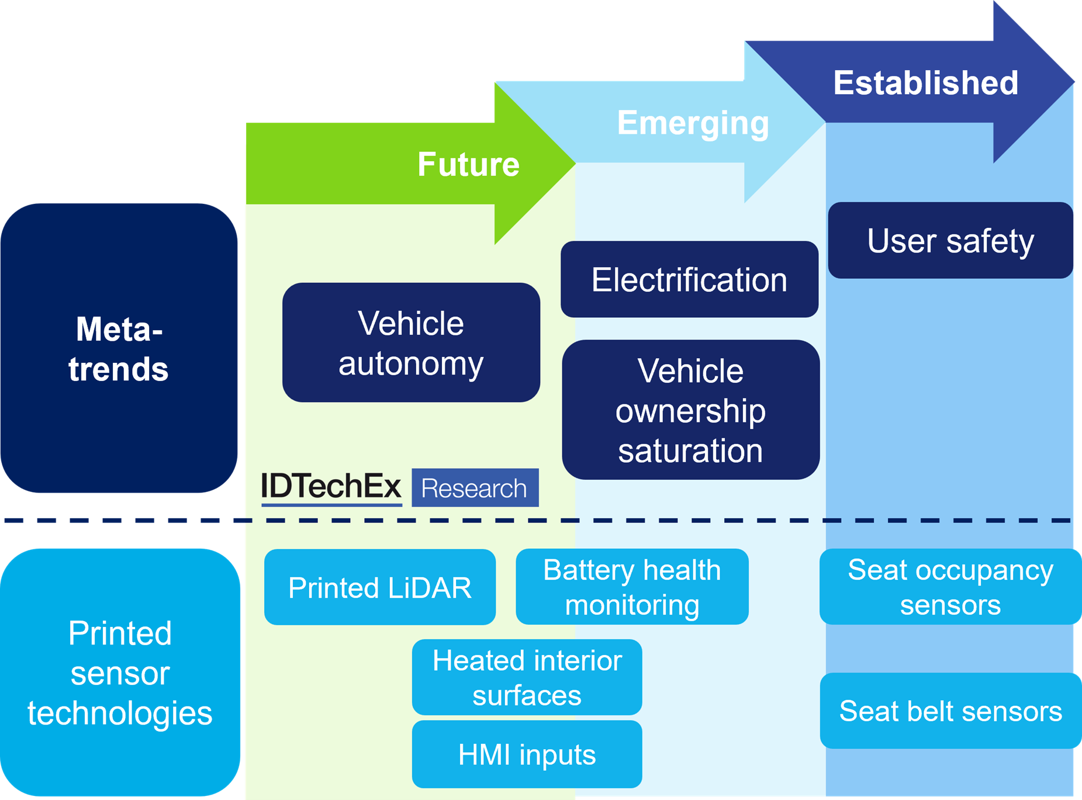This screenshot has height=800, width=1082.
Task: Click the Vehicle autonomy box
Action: pyautogui.click(x=411, y=343)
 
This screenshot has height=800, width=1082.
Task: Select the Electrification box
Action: pyautogui.click(x=689, y=280)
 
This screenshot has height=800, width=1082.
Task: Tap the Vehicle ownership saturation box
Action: pyautogui.click(x=690, y=410)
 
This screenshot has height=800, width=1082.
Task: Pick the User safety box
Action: pyautogui.click(x=950, y=241)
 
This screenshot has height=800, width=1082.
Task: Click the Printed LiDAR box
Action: pyautogui.click(x=380, y=587)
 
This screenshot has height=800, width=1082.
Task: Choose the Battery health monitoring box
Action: pyautogui.click(x=632, y=587)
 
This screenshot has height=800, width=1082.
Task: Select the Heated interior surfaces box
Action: pyautogui.click(x=527, y=677)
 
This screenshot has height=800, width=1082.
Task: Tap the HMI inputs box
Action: pyautogui.click(x=527, y=754)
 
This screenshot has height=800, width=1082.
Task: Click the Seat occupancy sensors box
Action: pyautogui.click(x=950, y=587)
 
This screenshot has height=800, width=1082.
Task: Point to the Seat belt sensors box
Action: pyautogui.click(x=950, y=711)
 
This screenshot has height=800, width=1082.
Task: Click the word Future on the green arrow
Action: pyautogui.click(x=468, y=164)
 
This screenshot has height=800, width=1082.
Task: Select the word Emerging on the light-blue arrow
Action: pyautogui.click(x=693, y=123)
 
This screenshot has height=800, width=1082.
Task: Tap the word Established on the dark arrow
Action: pyautogui.click(x=925, y=82)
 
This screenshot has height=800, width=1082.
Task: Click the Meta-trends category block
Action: pyautogui.click(x=119, y=348)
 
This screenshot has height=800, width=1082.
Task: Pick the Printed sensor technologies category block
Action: pyautogui.click(x=120, y=673)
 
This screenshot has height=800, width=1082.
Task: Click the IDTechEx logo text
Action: pyautogui.click(x=331, y=487)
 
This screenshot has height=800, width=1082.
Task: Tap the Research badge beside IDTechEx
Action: pyautogui.click(x=475, y=488)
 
